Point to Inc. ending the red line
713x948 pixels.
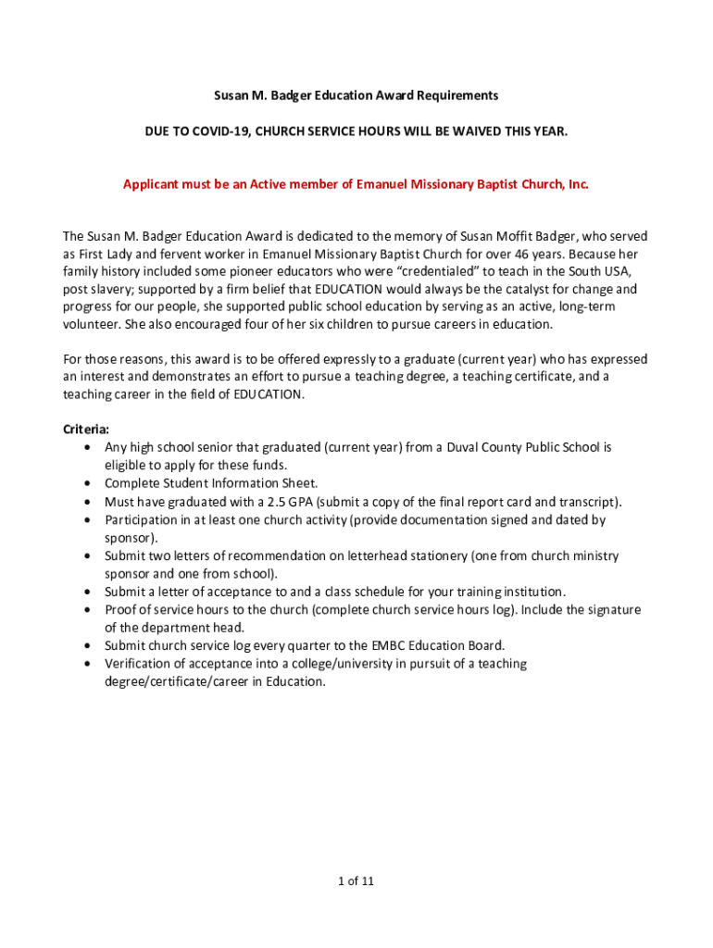click(577, 184)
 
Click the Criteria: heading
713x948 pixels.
click(85, 430)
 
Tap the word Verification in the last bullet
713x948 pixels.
click(136, 664)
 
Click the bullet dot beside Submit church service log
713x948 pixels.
click(86, 646)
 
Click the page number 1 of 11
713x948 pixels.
click(356, 880)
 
